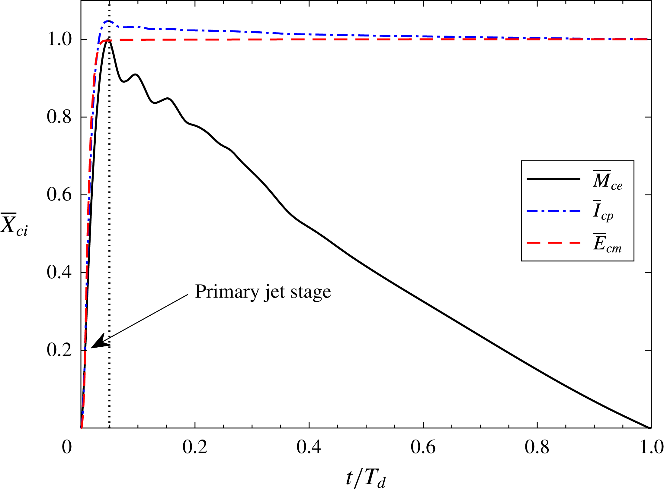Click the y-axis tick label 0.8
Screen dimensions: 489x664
pyautogui.click(x=59, y=117)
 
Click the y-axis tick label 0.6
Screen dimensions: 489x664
pyautogui.click(x=59, y=194)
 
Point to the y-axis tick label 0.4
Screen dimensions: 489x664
pyautogui.click(x=59, y=272)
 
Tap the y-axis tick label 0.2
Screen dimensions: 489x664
pyautogui.click(x=59, y=350)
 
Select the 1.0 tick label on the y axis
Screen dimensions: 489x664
pyautogui.click(x=59, y=39)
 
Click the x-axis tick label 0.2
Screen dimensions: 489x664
pyautogui.click(x=195, y=447)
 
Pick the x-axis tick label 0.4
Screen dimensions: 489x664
pyautogui.click(x=309, y=447)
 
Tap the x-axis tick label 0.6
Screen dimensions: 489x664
pyautogui.click(x=423, y=447)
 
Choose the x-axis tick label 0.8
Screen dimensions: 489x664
pyautogui.click(x=537, y=447)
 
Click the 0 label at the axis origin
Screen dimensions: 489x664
pyautogui.click(x=67, y=447)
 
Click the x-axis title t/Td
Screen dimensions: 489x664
pyautogui.click(x=366, y=478)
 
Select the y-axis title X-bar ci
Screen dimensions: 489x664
pyautogui.click(x=14, y=225)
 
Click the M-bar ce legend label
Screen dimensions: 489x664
pyautogui.click(x=607, y=180)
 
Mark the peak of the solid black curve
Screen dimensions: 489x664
pyautogui.click(x=108, y=40)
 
